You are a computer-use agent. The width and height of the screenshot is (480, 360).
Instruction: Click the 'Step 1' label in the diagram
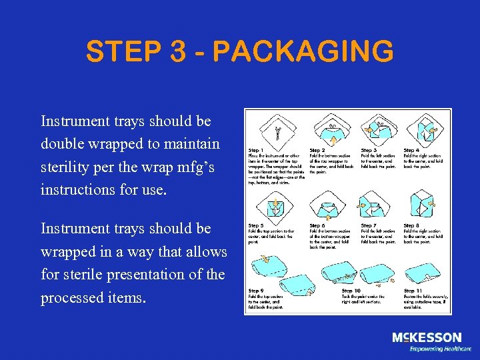point(257,150)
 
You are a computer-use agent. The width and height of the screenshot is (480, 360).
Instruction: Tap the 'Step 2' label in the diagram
point(319,150)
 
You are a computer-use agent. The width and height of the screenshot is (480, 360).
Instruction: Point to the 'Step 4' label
point(412,150)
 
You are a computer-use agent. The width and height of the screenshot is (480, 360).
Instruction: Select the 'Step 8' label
point(412,225)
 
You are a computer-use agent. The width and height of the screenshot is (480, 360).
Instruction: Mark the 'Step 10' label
point(351,291)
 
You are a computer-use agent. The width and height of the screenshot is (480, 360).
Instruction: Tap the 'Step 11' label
point(413,291)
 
